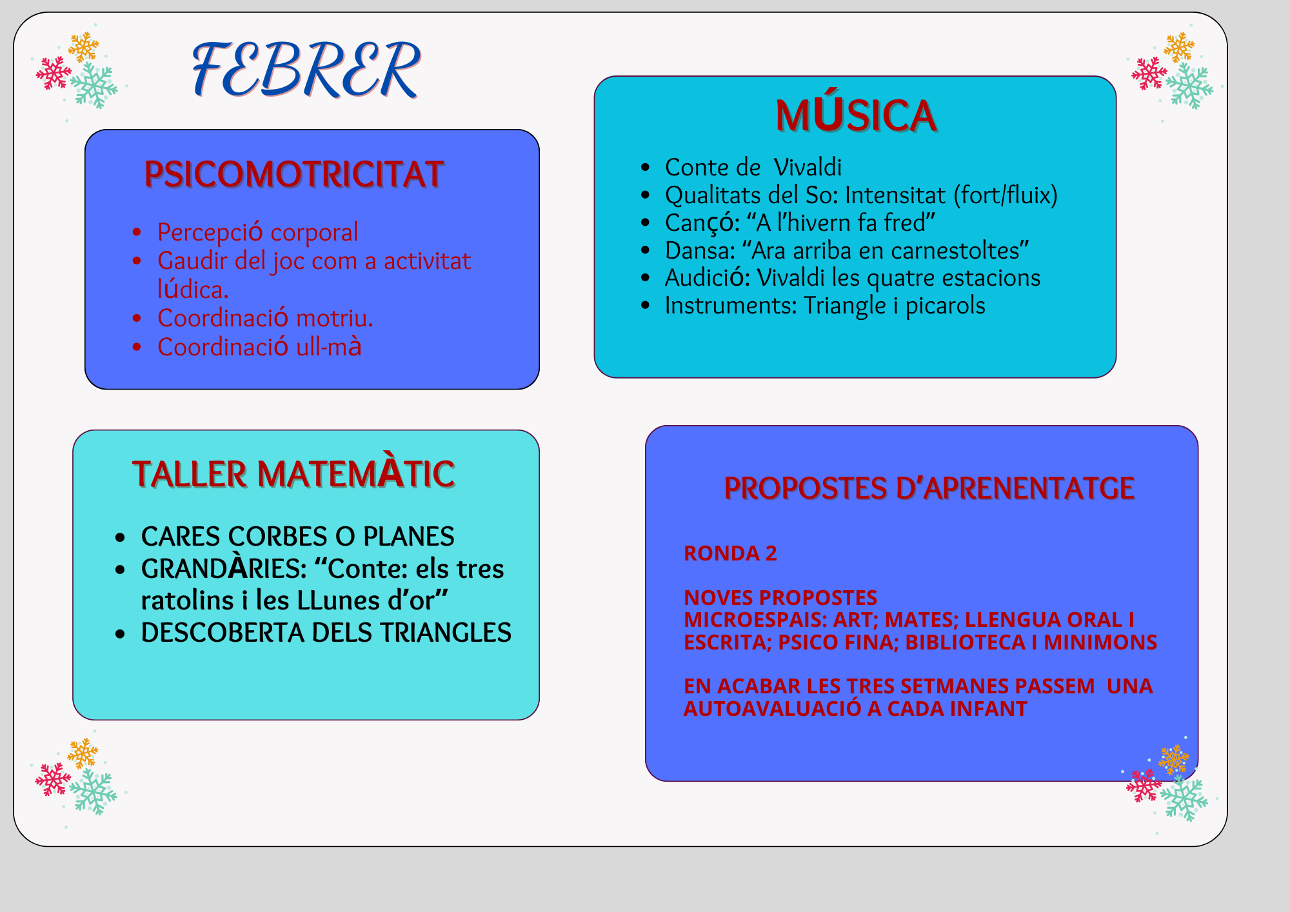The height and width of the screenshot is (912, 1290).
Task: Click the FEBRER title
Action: coord(306,69)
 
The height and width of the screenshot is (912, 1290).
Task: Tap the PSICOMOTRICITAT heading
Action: coord(294,174)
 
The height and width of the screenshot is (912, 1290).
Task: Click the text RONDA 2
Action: coord(730,553)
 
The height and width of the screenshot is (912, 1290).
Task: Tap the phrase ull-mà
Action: coord(328,347)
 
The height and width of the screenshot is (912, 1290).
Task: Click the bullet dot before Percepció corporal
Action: coord(137,232)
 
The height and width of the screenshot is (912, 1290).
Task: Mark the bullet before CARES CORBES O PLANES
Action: coord(120,537)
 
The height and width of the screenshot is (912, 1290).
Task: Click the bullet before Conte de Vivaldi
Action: coord(645,168)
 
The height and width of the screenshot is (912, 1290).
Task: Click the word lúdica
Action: coord(193,290)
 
